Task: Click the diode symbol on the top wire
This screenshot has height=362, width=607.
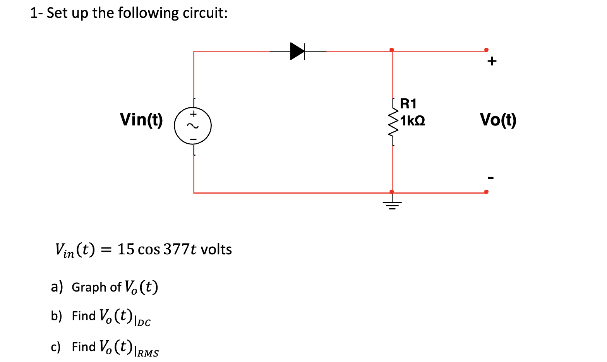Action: pyautogui.click(x=297, y=51)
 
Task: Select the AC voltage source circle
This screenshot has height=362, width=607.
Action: pyautogui.click(x=193, y=126)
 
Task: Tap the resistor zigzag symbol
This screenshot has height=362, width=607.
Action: pyautogui.click(x=393, y=122)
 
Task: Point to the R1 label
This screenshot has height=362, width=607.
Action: pyautogui.click(x=408, y=104)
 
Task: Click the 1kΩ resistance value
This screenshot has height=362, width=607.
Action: pyautogui.click(x=413, y=121)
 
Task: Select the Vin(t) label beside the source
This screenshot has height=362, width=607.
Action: pyautogui.click(x=141, y=119)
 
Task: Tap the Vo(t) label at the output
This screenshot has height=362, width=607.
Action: pyautogui.click(x=498, y=120)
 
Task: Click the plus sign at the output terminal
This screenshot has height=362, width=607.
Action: pyautogui.click(x=492, y=61)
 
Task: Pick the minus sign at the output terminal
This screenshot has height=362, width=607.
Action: pyautogui.click(x=491, y=178)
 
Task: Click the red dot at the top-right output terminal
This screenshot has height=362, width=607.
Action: pyautogui.click(x=486, y=50)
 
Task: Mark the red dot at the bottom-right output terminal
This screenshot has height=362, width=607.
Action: pyautogui.click(x=486, y=192)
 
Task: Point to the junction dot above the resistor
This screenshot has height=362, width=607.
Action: pyautogui.click(x=392, y=50)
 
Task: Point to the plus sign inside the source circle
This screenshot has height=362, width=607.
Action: pyautogui.click(x=193, y=114)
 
